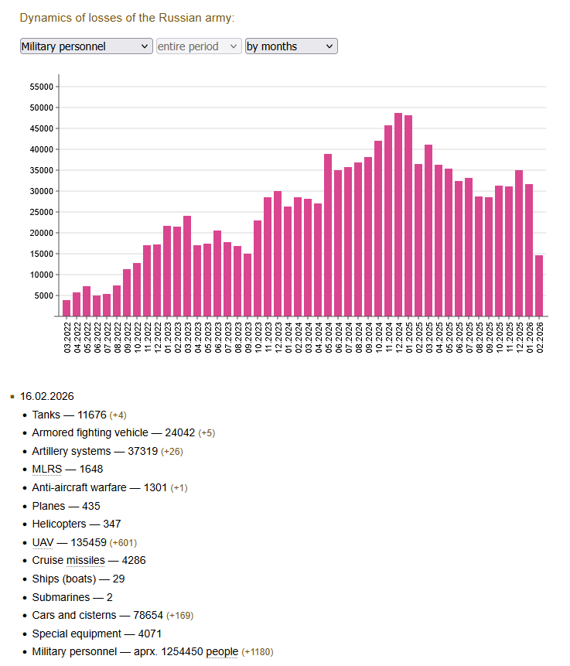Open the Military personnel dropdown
coord(86,46)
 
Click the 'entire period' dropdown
coord(199,46)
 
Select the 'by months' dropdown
coord(291,46)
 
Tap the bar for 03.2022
coord(67,308)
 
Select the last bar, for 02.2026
coord(539,285)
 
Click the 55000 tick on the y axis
coord(40,87)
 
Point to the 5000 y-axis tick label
coord(43,295)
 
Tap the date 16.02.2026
coord(47,396)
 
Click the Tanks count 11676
coord(92,415)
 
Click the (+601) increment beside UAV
coord(124,542)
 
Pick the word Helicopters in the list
coord(60,524)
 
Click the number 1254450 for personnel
coord(177,651)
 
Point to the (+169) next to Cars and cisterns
coord(178,615)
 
